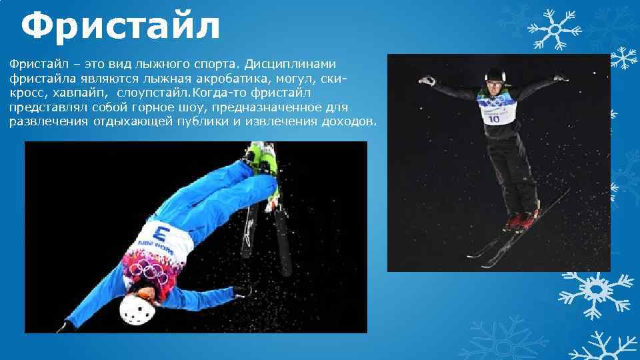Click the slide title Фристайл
[x=120, y=27]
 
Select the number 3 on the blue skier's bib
[x=160, y=234]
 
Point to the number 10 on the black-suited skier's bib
[x=493, y=119]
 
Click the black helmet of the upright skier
[x=494, y=74]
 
